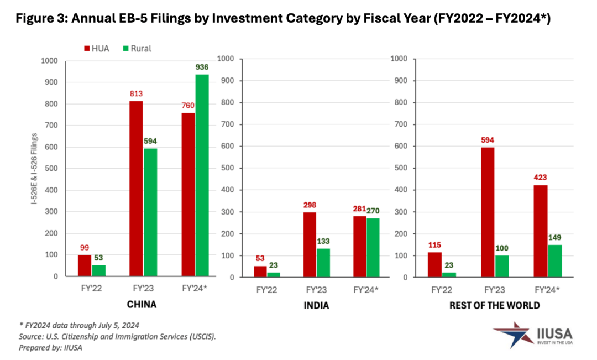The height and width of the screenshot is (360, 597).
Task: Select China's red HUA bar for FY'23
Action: (x=136, y=188)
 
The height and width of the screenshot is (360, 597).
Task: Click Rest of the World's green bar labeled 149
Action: (x=554, y=261)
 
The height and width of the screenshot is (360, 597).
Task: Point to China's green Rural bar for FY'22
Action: (x=98, y=270)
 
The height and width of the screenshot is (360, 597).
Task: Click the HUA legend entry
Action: (x=96, y=48)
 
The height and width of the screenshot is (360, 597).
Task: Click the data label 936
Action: (x=202, y=67)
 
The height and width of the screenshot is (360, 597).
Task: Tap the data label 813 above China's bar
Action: (x=136, y=93)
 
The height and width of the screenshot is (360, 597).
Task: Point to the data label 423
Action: (x=541, y=178)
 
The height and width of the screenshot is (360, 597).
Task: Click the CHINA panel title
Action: (x=142, y=304)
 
